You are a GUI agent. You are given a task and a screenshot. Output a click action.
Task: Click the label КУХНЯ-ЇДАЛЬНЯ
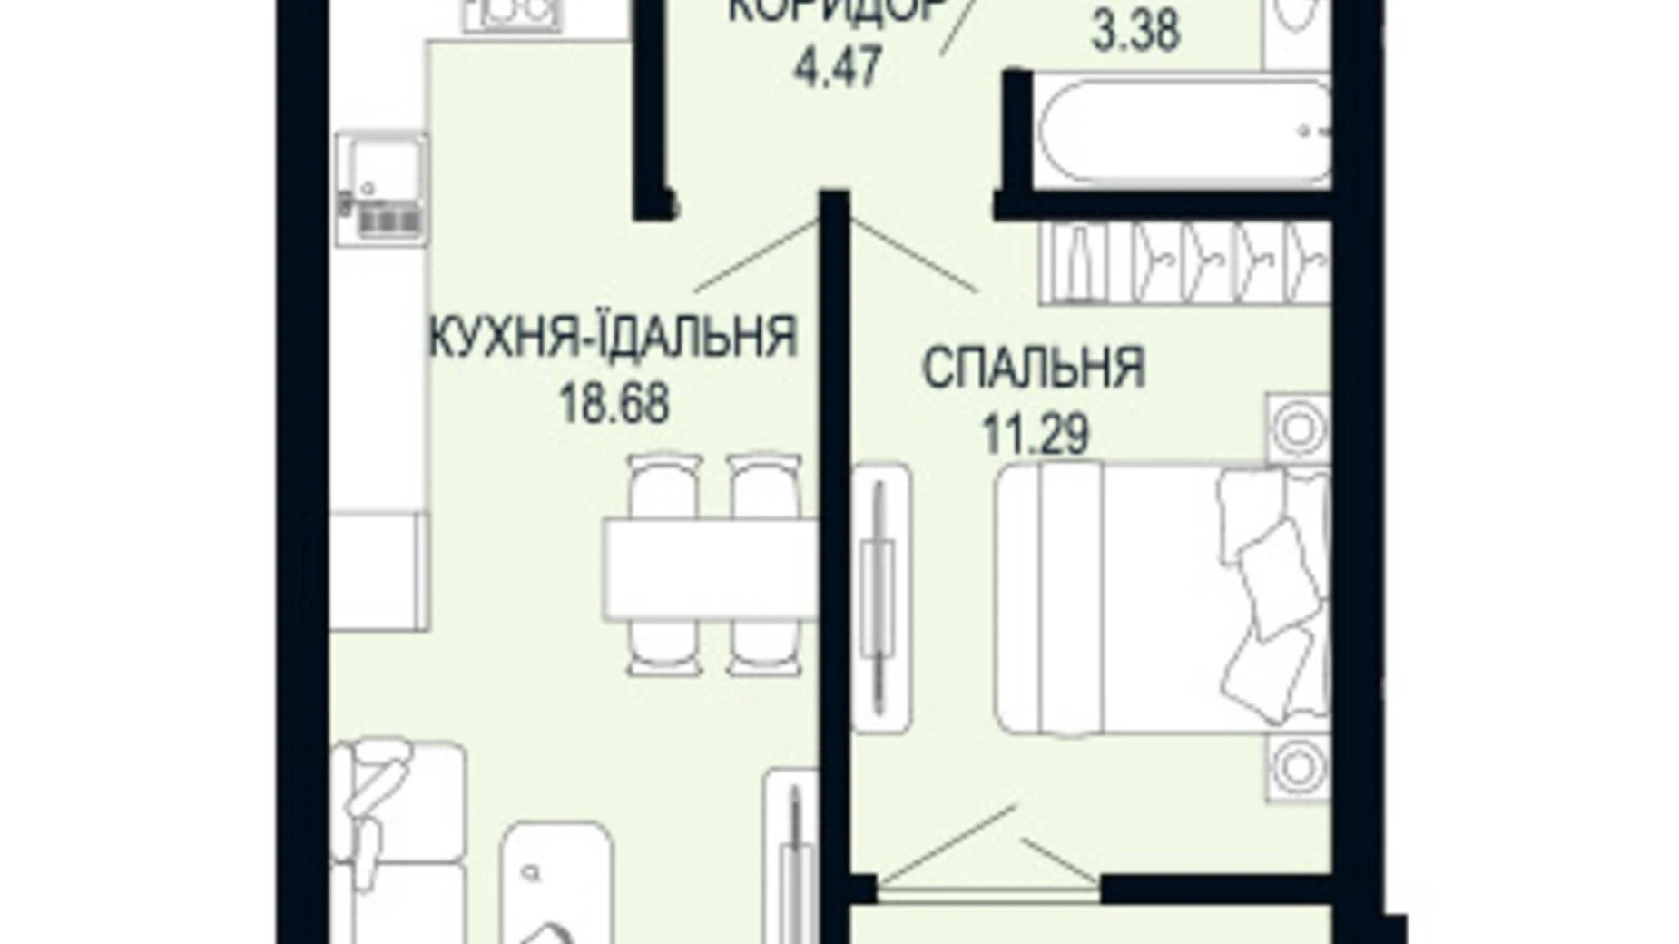(x=613, y=337)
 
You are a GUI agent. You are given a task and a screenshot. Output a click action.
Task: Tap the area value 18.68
(x=614, y=403)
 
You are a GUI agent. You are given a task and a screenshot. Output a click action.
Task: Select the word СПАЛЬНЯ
(x=1034, y=369)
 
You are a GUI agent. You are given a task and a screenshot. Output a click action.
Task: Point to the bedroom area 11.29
(x=1035, y=434)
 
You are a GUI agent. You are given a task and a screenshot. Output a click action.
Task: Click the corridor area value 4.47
(x=837, y=67)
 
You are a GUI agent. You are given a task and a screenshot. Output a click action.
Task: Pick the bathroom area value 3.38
(x=1134, y=31)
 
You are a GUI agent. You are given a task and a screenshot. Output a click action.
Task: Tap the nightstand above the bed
(x=1298, y=428)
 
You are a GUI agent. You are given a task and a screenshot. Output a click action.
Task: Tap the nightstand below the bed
(x=1298, y=767)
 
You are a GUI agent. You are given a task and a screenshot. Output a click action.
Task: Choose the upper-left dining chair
(x=663, y=486)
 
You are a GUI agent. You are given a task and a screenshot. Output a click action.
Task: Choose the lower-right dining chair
(x=764, y=647)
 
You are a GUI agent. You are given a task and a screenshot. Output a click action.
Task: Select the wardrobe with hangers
(x=1184, y=263)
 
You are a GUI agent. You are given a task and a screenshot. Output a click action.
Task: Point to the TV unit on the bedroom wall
(x=880, y=595)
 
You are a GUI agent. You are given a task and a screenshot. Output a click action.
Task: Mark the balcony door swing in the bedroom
(x=989, y=849)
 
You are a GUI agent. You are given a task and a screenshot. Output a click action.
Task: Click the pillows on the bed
(x=1266, y=590)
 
